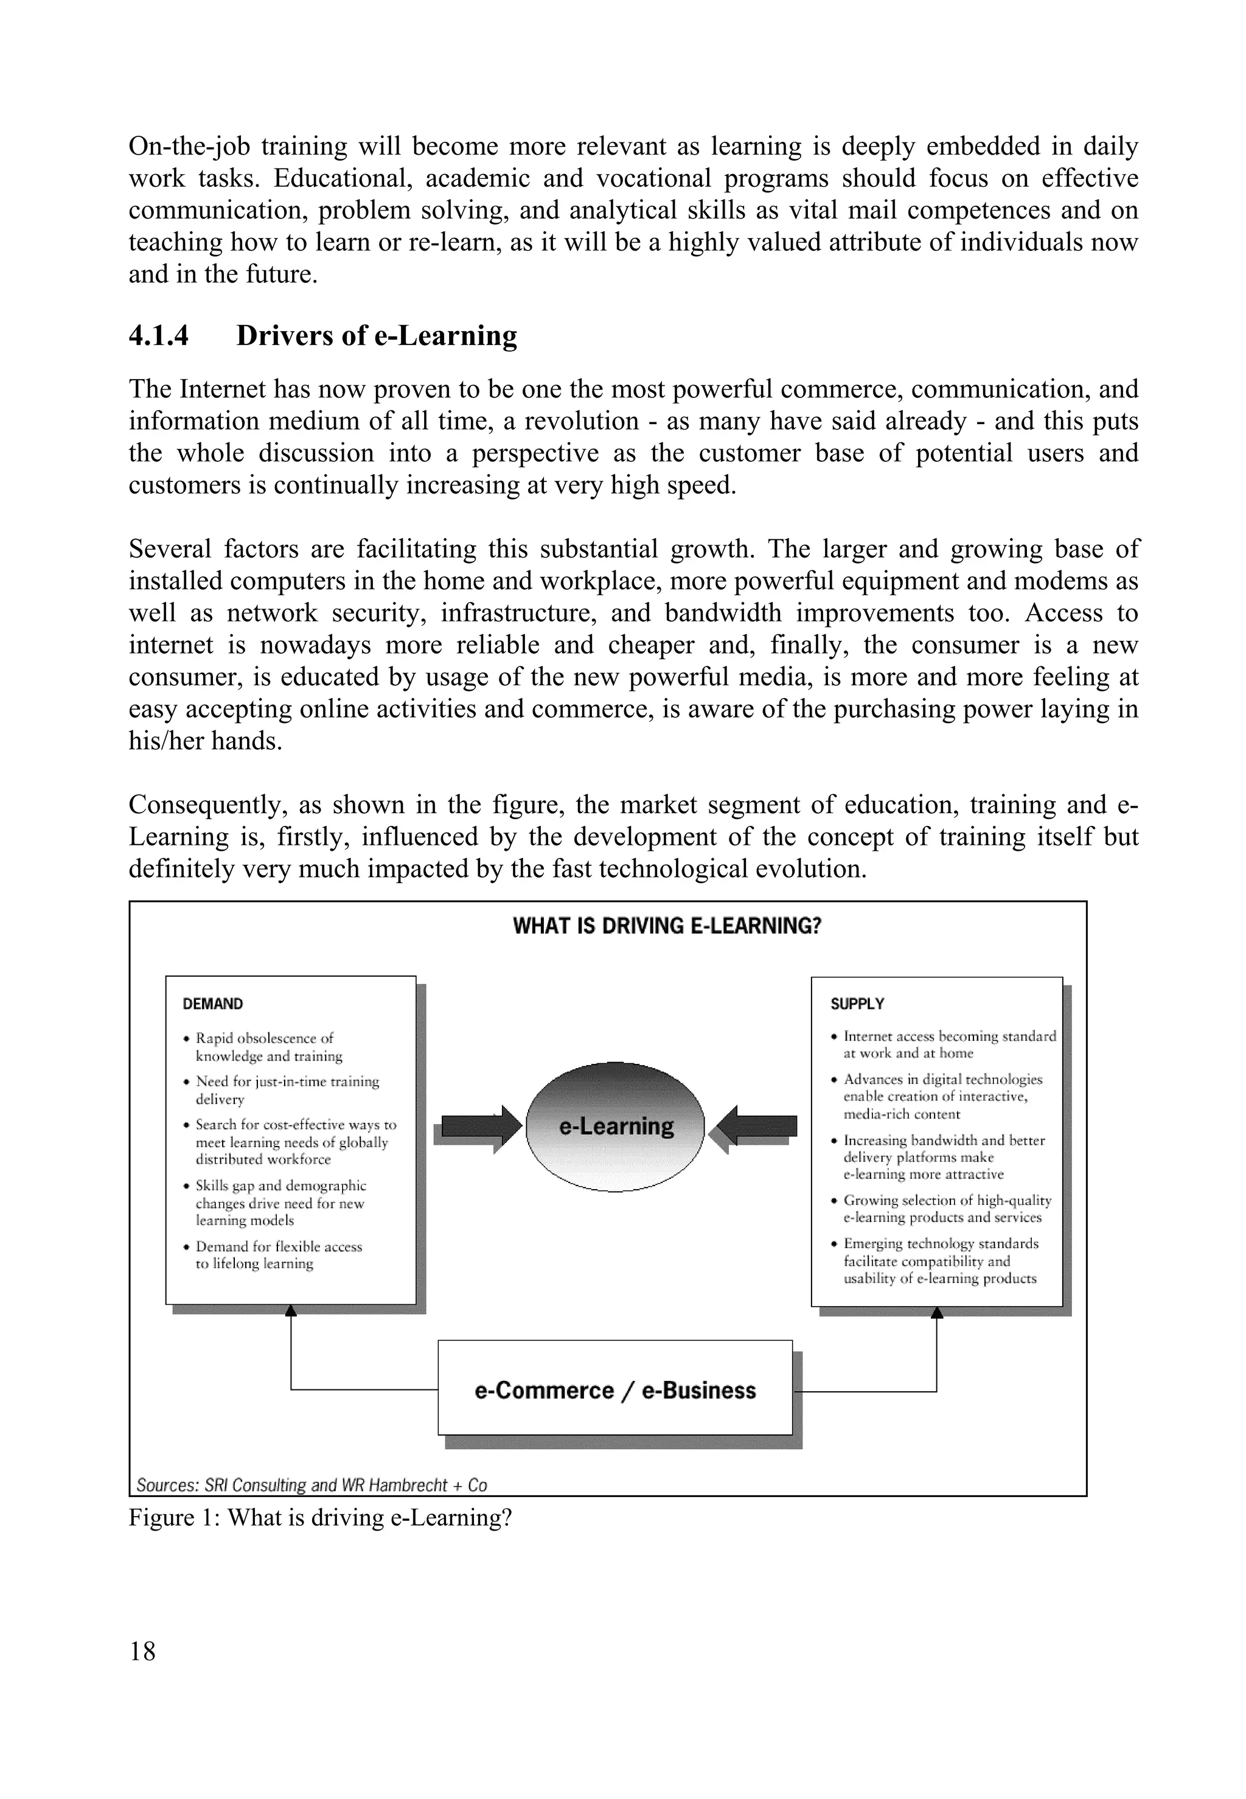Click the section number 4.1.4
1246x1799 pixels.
(158, 336)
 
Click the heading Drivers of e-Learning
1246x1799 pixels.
(377, 336)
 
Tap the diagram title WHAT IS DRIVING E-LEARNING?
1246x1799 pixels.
(667, 926)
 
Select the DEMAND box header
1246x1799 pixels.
(212, 1004)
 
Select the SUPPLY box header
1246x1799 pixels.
(857, 1004)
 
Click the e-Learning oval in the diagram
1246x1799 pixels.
(616, 1126)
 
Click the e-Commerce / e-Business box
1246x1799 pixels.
(615, 1390)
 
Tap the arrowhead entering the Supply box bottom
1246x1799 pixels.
(937, 1313)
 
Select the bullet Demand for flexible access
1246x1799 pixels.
(278, 1255)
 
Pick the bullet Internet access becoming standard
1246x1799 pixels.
(948, 1044)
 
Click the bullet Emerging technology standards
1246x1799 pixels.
(940, 1260)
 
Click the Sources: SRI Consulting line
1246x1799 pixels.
(311, 1485)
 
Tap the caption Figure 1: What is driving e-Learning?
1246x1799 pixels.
(320, 1518)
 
